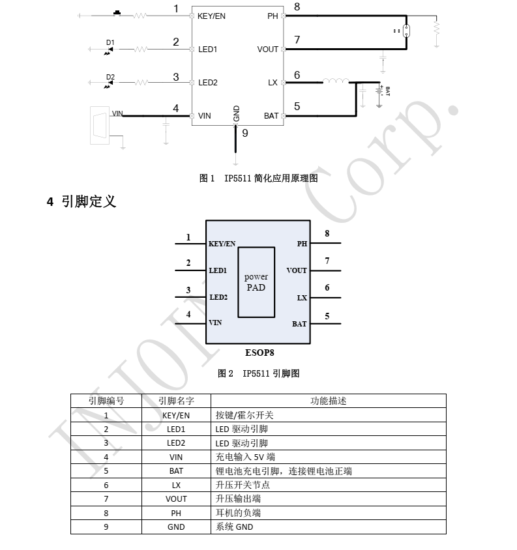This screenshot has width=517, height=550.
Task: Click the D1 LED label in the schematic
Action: [110, 42]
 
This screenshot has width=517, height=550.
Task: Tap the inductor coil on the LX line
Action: [336, 81]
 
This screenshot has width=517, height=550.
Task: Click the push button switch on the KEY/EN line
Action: [117, 13]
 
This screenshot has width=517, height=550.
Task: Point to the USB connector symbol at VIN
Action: [100, 125]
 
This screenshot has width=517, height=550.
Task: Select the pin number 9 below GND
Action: [245, 133]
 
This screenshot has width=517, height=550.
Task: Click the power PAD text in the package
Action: [256, 282]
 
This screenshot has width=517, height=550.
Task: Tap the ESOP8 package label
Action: [259, 353]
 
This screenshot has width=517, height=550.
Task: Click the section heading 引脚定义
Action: [89, 202]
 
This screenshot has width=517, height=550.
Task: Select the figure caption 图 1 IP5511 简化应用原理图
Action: [259, 178]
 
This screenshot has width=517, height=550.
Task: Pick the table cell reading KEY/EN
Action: [176, 415]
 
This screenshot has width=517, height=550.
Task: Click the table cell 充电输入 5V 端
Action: [245, 457]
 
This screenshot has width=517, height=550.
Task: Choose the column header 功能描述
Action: [329, 401]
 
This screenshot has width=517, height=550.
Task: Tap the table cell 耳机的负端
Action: [238, 513]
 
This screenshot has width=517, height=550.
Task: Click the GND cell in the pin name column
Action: [176, 527]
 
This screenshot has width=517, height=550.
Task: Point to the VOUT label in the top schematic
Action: [267, 50]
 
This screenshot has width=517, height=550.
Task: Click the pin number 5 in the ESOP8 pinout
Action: [327, 316]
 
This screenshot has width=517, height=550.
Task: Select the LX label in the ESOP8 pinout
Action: [302, 298]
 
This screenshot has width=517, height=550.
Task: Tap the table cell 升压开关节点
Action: [243, 485]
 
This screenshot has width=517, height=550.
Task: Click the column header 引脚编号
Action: [106, 401]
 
